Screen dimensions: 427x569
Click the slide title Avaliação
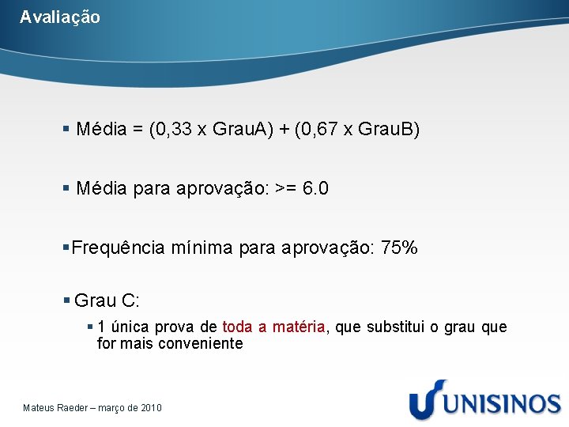(60, 17)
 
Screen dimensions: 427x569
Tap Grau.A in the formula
(238, 130)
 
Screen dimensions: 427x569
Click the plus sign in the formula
(280, 130)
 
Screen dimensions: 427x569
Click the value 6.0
(316, 189)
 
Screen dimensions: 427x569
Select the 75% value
(399, 248)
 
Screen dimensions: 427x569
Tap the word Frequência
(119, 248)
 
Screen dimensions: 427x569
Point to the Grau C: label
(107, 300)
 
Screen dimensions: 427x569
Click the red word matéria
(299, 327)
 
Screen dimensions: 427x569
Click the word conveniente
(201, 344)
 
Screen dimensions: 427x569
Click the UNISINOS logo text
(501, 402)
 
